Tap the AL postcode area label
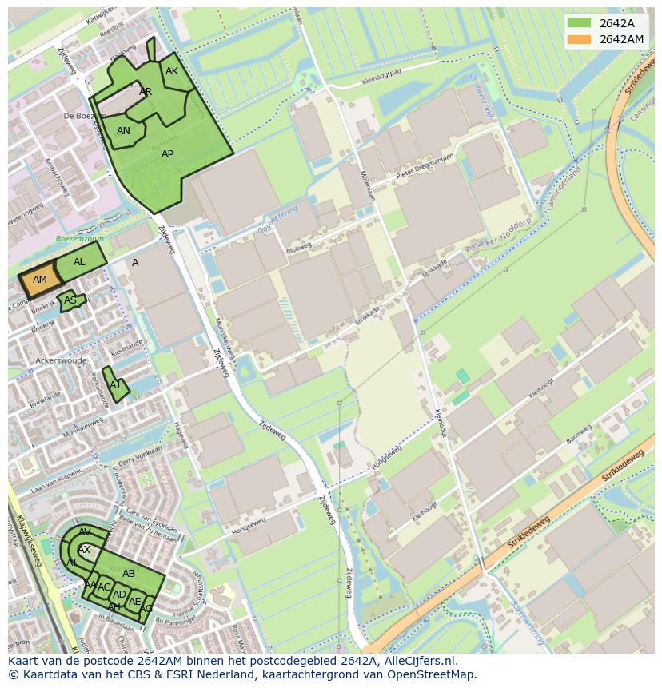[79, 262]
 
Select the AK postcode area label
[172, 71]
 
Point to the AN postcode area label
[123, 131]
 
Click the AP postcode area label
[167, 154]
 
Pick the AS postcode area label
[70, 301]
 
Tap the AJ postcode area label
[115, 385]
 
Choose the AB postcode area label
[129, 574]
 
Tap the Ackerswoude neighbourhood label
[61, 361]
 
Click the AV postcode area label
[85, 532]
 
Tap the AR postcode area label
[146, 92]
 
